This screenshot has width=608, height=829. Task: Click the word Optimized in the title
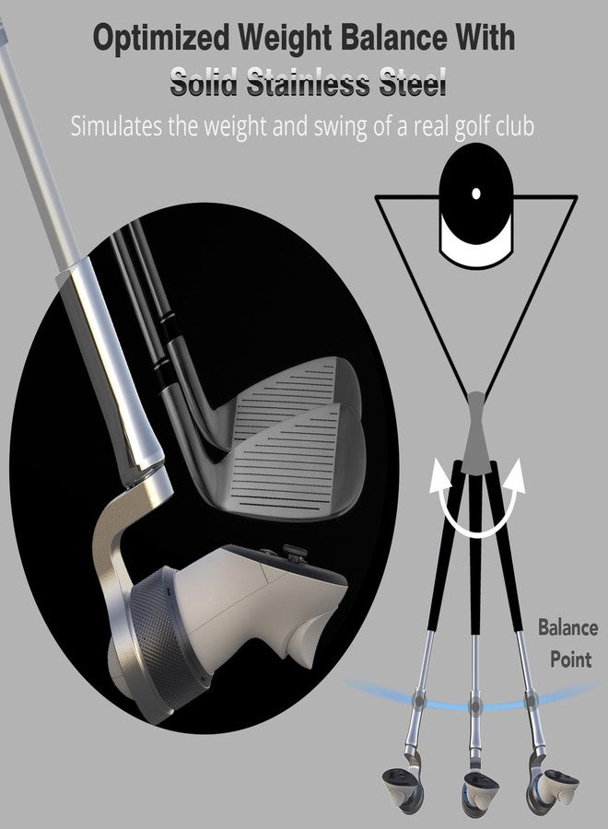[161, 39]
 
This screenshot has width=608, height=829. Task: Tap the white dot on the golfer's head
[476, 193]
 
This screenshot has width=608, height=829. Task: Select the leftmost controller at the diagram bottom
[402, 790]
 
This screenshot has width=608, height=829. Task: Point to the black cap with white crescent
[476, 206]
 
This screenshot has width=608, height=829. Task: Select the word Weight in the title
[285, 39]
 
